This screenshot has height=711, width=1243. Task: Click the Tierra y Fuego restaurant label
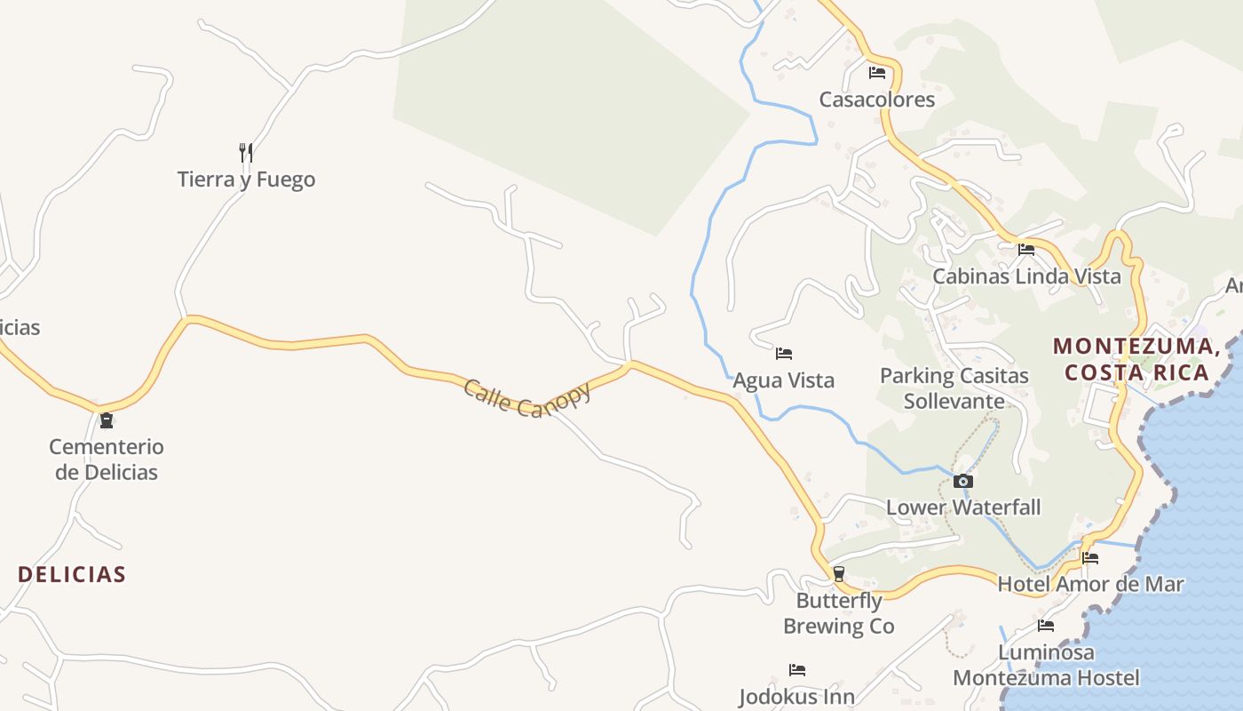coord(246,180)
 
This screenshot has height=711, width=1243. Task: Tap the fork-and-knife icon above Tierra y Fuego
coord(246,153)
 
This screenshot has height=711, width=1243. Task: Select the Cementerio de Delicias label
coord(107,459)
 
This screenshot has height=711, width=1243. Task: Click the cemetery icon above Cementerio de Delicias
coord(107,420)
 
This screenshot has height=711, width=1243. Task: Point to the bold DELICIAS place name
coord(72,574)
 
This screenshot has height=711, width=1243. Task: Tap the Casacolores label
coord(876,100)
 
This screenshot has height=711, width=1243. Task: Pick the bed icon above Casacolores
coord(877,73)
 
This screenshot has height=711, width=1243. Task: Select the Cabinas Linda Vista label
coord(1026,276)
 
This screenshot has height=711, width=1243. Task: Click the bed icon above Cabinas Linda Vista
coord(1026,250)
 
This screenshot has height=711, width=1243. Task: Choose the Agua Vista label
coord(783,380)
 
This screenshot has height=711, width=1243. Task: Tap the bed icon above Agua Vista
coord(783,354)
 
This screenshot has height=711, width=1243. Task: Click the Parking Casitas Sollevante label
coord(954,388)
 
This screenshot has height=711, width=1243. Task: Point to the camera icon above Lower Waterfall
coord(963,482)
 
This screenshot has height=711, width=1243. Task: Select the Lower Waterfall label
coord(963,507)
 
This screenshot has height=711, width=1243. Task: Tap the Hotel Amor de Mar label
coord(1090,584)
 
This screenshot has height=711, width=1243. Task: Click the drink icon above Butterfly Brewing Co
coord(838,574)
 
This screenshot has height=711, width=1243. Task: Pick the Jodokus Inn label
coord(796,696)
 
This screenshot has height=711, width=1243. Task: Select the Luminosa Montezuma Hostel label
coord(1046,665)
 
